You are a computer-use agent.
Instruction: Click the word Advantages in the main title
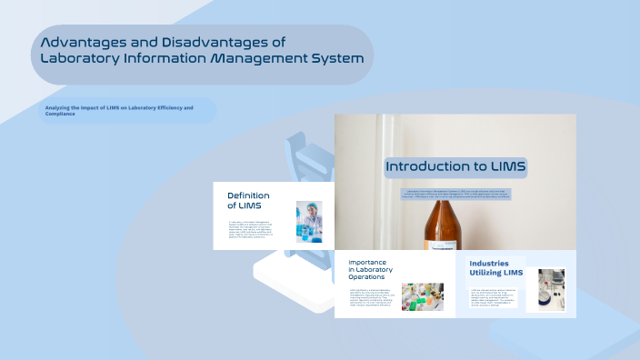(x=83, y=42)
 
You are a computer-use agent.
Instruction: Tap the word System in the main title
(x=333, y=58)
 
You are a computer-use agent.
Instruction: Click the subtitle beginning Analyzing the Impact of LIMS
(x=118, y=110)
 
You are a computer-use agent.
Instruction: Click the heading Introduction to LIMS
(x=455, y=166)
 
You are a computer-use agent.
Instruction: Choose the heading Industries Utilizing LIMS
(x=495, y=267)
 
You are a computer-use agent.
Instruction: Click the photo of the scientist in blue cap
(x=309, y=221)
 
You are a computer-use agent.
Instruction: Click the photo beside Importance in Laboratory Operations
(x=422, y=296)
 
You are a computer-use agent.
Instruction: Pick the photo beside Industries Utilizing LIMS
(x=551, y=289)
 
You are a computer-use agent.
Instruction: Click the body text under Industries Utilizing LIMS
(x=494, y=295)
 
